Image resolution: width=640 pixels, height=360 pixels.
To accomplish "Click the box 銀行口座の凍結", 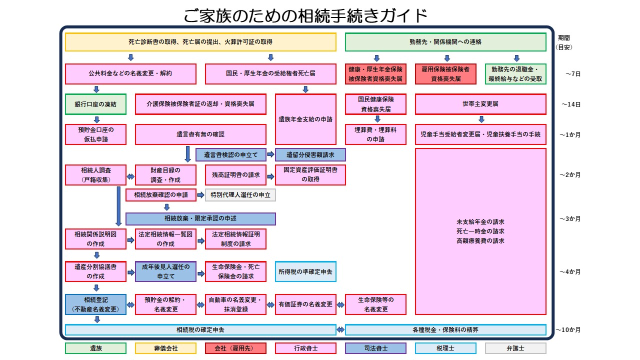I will pyautogui.click(x=95, y=104).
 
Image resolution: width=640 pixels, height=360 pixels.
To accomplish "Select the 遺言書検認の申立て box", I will pyautogui.click(x=230, y=155).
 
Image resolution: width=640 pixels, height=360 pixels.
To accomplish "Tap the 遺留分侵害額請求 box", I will pyautogui.click(x=310, y=155).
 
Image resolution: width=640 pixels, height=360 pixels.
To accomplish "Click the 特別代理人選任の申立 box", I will pyautogui.click(x=240, y=195).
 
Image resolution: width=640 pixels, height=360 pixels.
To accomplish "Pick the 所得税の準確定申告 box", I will pyautogui.click(x=305, y=271).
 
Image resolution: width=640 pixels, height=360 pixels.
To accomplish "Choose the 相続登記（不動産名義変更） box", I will pyautogui.click(x=95, y=304).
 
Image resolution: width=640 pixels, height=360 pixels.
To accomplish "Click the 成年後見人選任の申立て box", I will pyautogui.click(x=165, y=271).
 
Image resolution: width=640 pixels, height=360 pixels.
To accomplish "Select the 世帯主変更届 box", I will pyautogui.click(x=480, y=104).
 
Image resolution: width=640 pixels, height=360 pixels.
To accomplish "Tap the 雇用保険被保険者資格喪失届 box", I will pyautogui.click(x=445, y=74).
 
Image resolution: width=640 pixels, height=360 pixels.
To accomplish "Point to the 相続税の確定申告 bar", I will pyautogui.click(x=200, y=330).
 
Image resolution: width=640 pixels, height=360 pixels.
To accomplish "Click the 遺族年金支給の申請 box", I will pyautogui.click(x=305, y=119).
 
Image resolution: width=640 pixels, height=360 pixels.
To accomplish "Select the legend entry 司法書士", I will pyautogui.click(x=375, y=348).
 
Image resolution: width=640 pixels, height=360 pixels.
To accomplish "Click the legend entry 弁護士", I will pyautogui.click(x=515, y=348).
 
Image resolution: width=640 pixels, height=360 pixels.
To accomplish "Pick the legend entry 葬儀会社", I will pyautogui.click(x=165, y=348).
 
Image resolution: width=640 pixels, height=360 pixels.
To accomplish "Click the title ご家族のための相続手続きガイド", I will pyautogui.click(x=305, y=15).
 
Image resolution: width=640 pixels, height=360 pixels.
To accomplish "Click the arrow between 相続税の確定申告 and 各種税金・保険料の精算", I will pyautogui.click(x=340, y=330).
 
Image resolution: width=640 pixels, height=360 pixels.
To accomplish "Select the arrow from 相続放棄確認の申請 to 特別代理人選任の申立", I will pyautogui.click(x=200, y=195).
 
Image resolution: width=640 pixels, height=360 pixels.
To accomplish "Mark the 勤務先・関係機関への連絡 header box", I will pyautogui.click(x=445, y=42).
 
